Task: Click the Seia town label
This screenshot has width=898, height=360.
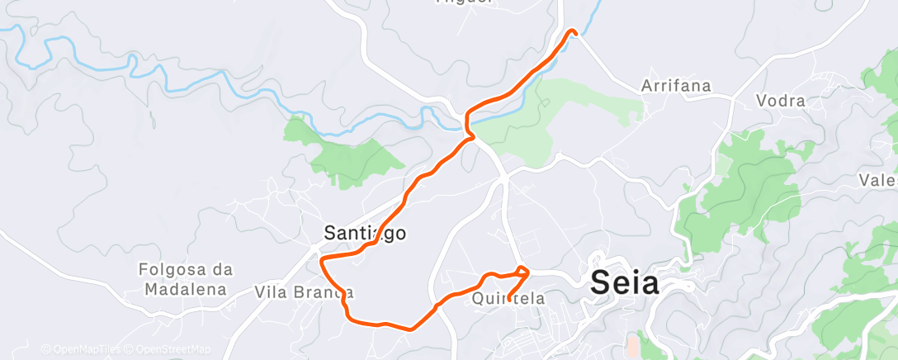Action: click(626, 283)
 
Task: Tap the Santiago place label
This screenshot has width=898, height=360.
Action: click(364, 234)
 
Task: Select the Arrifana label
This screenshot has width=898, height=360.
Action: click(676, 86)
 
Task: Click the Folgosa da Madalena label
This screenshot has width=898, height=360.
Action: click(186, 279)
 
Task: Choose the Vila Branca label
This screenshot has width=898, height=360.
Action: click(305, 292)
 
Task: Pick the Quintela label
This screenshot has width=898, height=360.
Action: click(508, 299)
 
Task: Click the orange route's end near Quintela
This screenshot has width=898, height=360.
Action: click(508, 298)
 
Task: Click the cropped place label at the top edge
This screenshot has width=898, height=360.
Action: click(464, 2)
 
